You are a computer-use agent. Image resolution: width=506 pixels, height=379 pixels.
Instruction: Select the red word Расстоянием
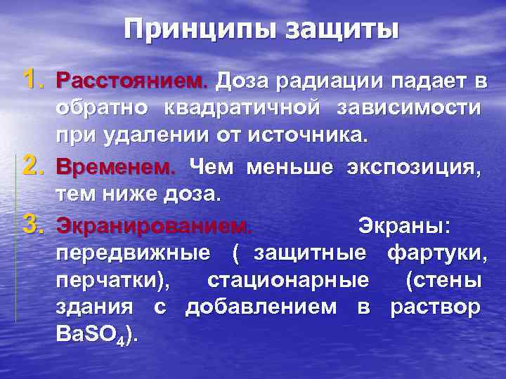pos(133,82)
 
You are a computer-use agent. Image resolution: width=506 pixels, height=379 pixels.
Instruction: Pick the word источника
pos(307,134)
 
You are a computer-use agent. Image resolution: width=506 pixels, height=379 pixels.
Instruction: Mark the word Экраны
pos(405,227)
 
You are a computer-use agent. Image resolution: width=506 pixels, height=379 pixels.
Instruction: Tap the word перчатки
pos(112,281)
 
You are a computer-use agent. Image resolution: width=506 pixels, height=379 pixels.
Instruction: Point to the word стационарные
pos(288,280)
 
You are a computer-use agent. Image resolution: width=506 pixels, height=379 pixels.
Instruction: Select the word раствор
pos(436,307)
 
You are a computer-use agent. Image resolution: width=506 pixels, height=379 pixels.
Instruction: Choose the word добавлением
pos(259,307)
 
